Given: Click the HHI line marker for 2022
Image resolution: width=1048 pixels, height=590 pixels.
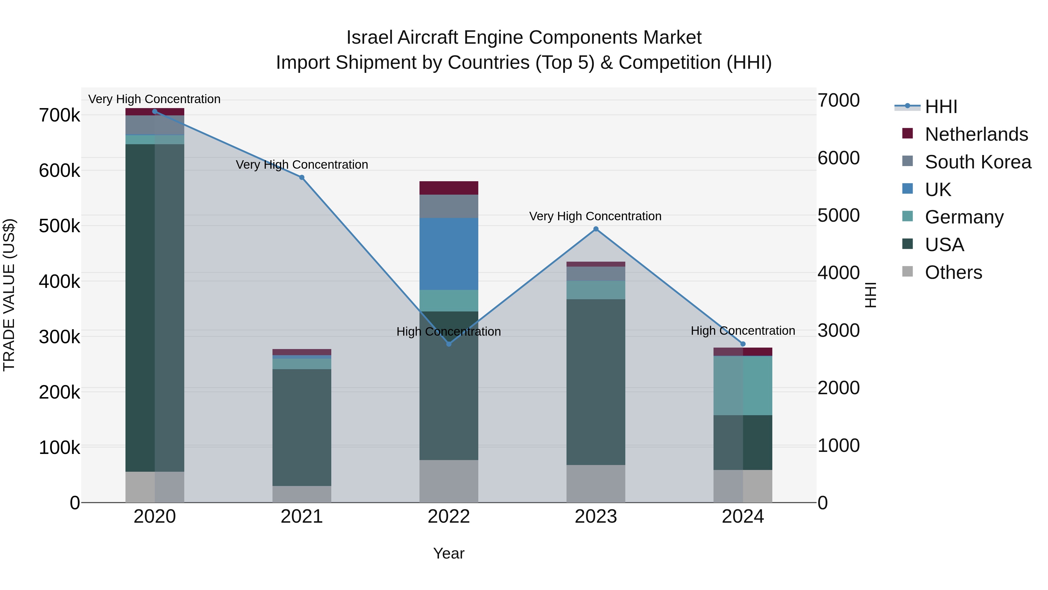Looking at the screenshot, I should (x=449, y=344).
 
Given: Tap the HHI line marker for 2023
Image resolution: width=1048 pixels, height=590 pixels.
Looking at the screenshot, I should (x=596, y=229).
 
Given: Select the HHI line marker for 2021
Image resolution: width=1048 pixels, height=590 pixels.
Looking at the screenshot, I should (x=302, y=177).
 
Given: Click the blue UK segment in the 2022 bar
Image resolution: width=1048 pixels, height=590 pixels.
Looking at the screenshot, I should (x=449, y=254).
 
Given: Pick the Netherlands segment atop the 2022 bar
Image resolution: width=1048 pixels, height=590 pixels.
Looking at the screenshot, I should (x=449, y=188).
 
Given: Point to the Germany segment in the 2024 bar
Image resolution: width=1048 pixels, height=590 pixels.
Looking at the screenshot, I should (x=743, y=385).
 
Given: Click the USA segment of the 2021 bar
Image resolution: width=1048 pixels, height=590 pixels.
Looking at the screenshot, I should (x=302, y=427).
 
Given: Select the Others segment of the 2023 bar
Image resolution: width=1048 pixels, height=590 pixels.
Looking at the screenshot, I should (x=596, y=483).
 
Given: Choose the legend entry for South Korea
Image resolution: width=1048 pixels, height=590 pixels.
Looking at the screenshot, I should (x=978, y=162).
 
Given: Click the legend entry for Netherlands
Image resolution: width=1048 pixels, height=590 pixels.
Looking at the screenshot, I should (x=976, y=134).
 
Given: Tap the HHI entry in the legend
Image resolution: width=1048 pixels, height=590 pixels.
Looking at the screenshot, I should (x=941, y=107).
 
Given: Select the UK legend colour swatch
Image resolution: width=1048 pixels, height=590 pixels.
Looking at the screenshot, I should (x=907, y=189).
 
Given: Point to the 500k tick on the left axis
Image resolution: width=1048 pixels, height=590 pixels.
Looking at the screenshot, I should (x=60, y=226).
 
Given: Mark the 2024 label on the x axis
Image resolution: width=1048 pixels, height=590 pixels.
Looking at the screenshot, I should (x=743, y=517).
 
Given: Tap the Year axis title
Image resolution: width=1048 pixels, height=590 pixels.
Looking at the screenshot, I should (x=448, y=553).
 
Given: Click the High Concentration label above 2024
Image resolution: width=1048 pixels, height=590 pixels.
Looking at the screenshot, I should (x=743, y=331).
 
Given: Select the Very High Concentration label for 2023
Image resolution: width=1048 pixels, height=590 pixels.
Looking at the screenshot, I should (x=595, y=216).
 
